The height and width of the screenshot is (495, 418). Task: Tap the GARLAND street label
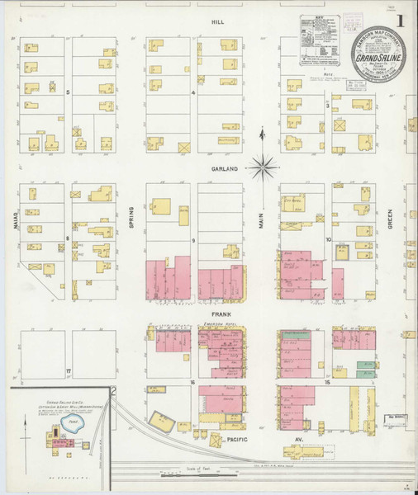click(x=223, y=168)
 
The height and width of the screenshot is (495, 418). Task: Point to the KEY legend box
click(x=319, y=50)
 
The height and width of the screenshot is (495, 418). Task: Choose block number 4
click(x=193, y=93)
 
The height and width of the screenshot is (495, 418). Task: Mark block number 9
click(x=193, y=240)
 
